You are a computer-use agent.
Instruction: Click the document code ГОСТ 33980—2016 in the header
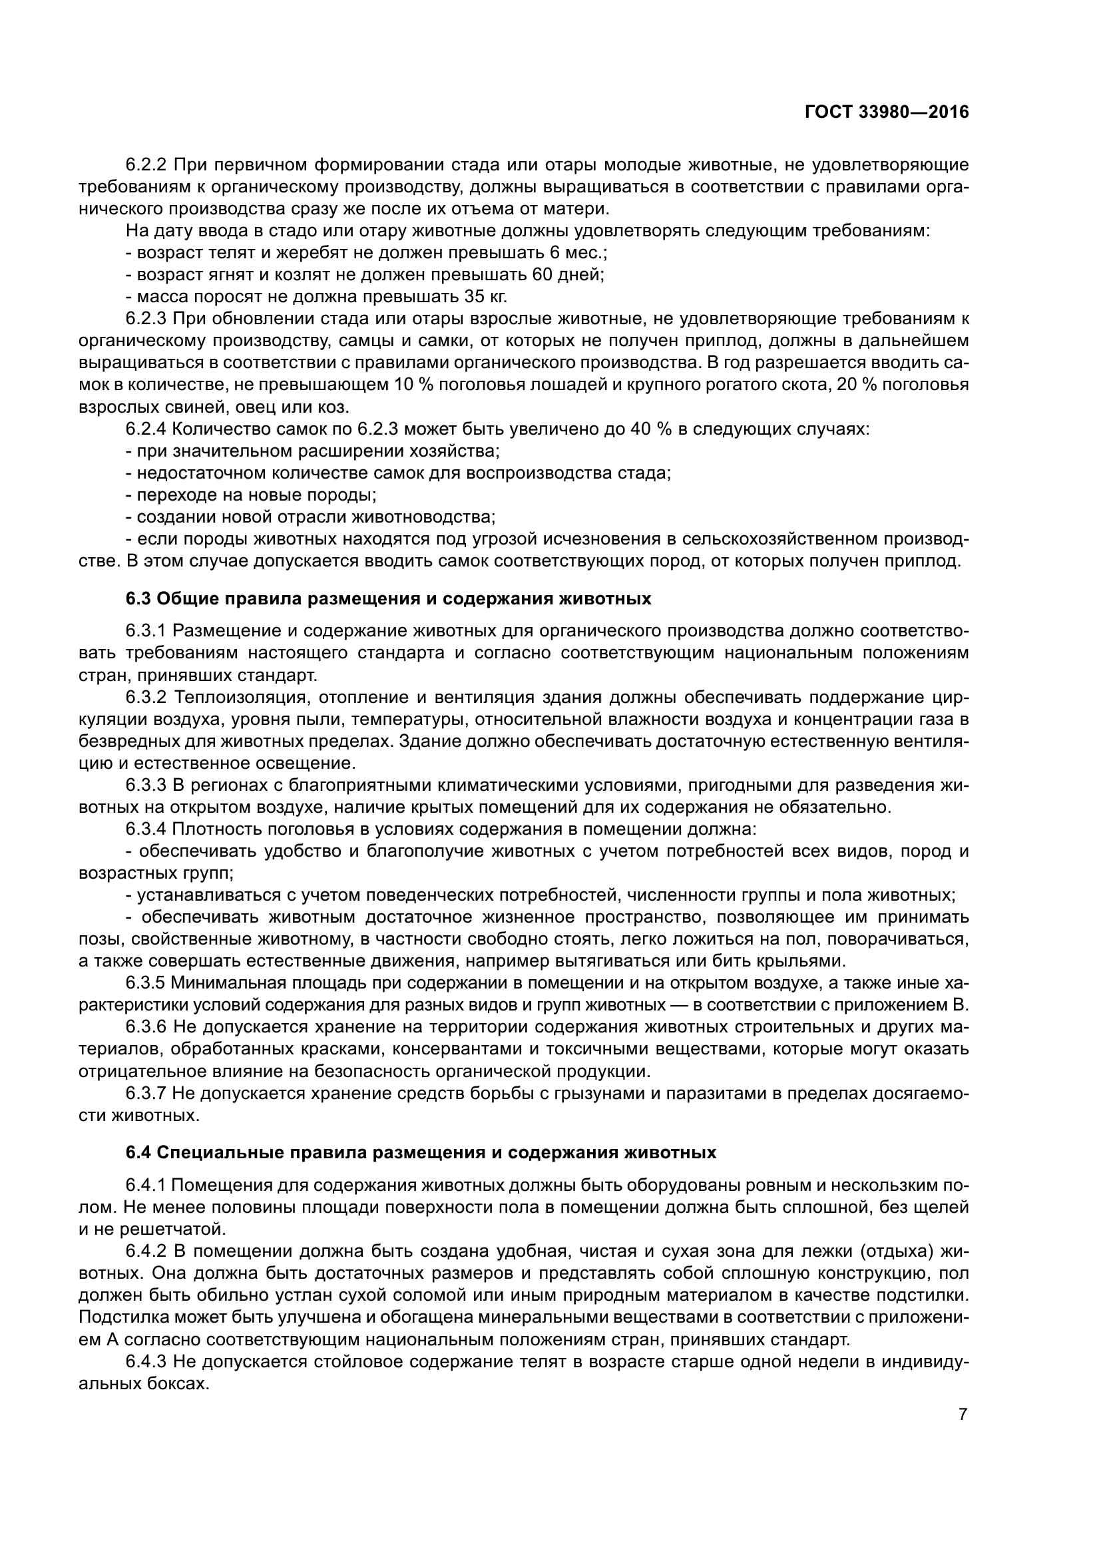887,112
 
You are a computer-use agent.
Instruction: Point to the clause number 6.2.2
146,165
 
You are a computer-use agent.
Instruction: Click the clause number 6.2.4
146,429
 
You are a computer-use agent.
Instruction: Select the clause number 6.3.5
146,983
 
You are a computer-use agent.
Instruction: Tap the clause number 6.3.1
146,630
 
